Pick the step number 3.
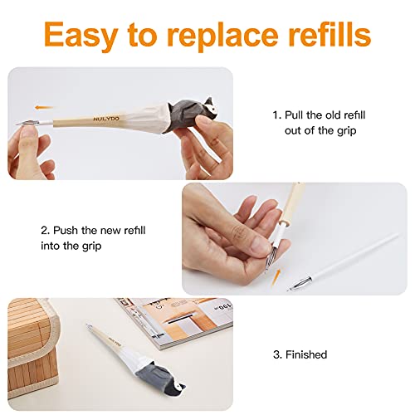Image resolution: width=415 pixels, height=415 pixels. click(x=276, y=354)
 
